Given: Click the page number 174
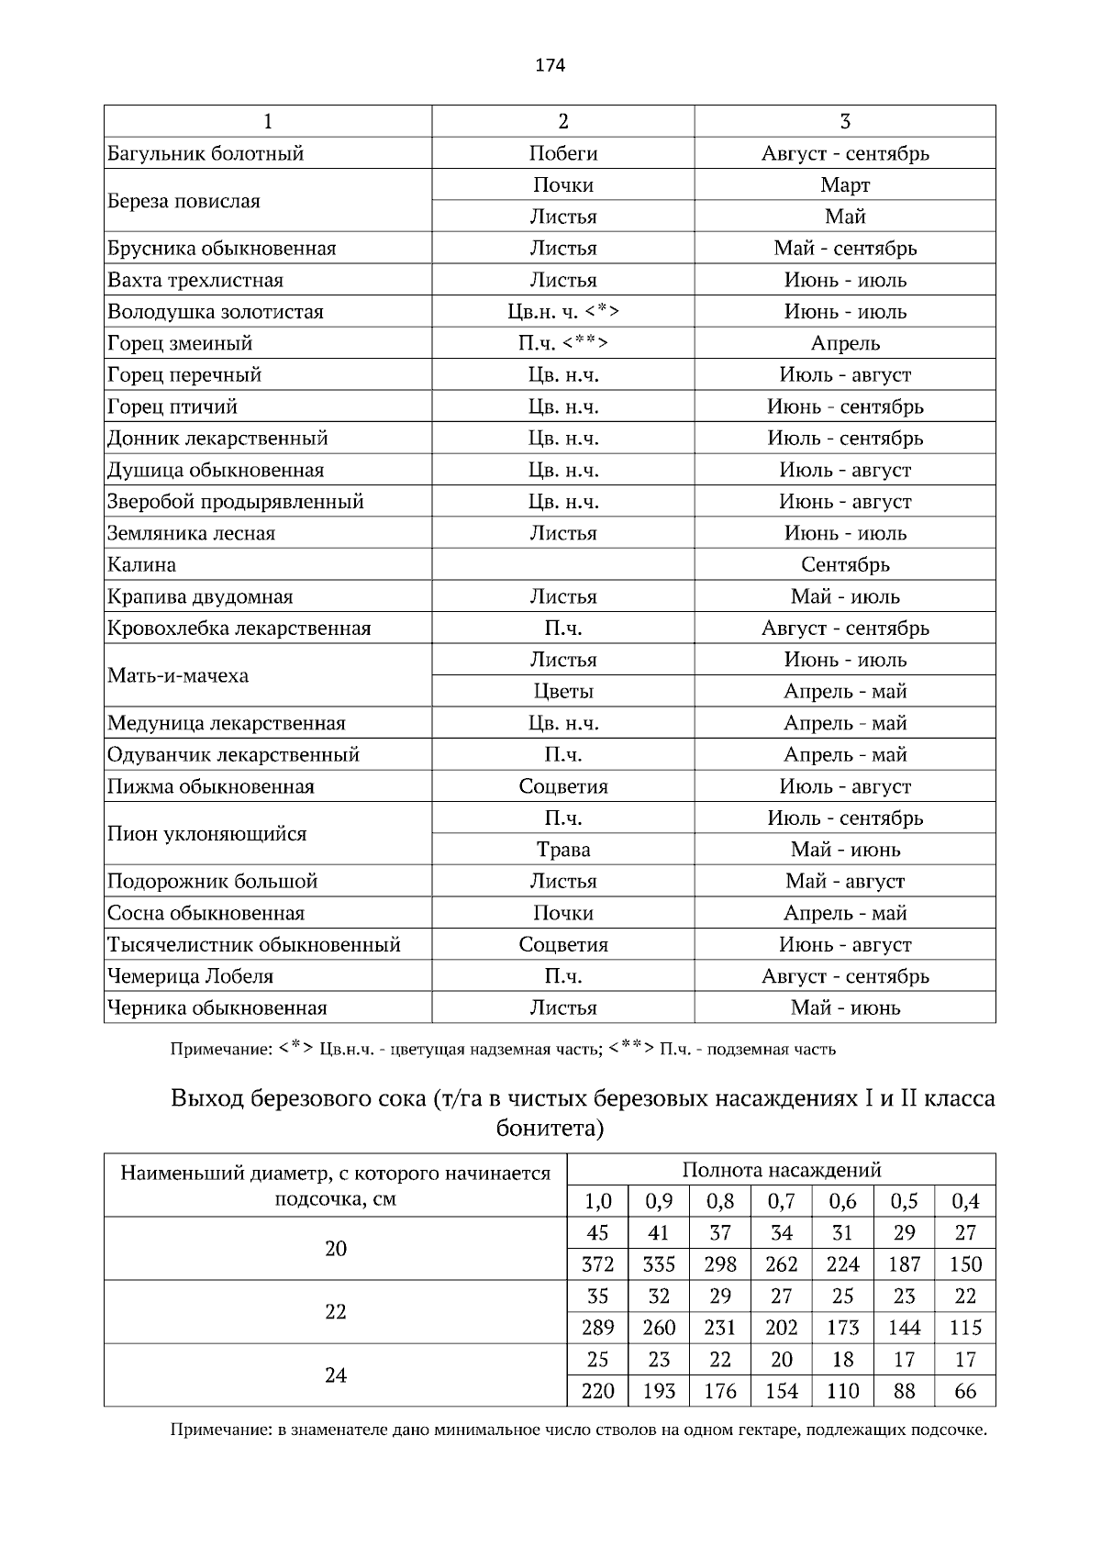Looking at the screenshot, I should point(550,65).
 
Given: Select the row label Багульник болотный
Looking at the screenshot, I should point(206,153).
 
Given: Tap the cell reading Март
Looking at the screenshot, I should point(844,184).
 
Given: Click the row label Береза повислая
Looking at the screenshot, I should point(184,201).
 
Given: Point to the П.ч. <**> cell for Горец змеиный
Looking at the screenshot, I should point(562,343).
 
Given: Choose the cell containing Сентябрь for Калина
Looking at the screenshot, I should point(844,564).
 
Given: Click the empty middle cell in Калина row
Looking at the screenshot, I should point(562,564).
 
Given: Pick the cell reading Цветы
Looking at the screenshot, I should point(562,691).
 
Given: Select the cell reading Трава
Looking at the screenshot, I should point(562,850).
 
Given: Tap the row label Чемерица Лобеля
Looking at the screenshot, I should point(191,976).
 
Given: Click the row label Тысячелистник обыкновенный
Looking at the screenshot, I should point(254,944).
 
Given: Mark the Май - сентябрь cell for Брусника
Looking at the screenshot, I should point(844,248).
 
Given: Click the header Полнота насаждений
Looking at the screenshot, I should point(781,1170).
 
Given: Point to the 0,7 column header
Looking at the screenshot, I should point(781,1201).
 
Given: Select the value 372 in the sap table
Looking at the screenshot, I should point(597,1264).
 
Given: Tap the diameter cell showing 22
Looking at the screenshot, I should point(336,1312).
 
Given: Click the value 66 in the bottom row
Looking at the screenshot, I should point(965,1391).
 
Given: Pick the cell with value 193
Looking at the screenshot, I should point(659,1391).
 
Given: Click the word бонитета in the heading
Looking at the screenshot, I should point(549,1128).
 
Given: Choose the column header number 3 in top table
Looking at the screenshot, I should point(844,121).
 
